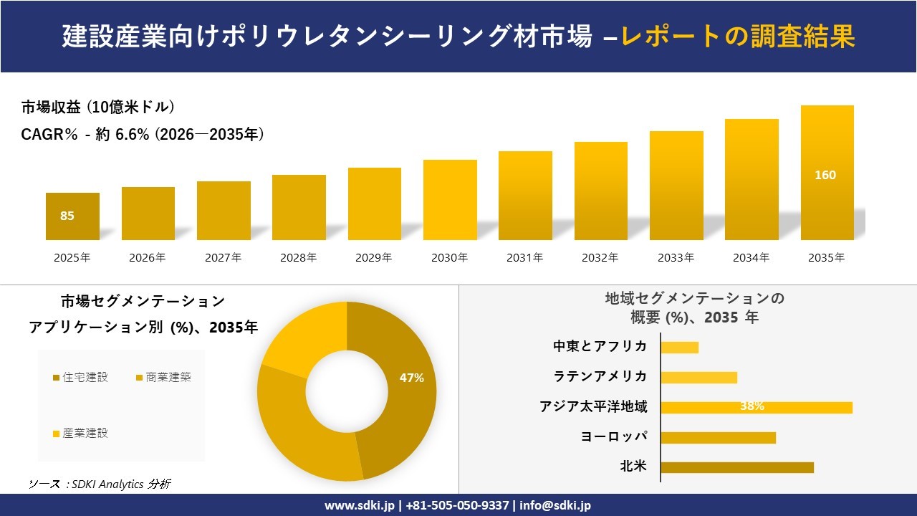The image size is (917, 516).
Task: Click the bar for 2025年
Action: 72,216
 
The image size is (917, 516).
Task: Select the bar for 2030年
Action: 450,200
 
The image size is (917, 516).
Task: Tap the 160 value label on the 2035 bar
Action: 825,175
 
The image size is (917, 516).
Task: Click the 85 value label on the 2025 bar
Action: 67,216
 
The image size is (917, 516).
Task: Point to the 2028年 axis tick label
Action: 299,258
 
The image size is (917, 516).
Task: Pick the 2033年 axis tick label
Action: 676,258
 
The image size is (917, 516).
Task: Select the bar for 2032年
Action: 600,191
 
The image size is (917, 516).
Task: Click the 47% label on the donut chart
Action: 412,378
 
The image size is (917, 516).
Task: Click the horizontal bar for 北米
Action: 736,467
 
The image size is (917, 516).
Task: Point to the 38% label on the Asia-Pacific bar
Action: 752,406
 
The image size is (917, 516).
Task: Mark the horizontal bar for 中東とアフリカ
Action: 679,348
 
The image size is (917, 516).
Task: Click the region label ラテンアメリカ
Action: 600,377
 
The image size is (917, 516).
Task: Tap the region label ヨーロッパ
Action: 614,436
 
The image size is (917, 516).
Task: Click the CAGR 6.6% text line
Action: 143,134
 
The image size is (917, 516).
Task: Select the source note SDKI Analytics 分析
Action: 100,484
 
